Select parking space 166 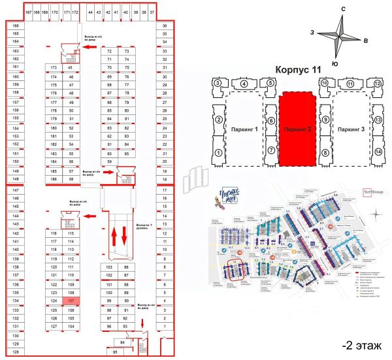click(x=15, y=25)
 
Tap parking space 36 click(x=166, y=25)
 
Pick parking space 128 click(x=15, y=352)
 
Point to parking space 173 click(x=54, y=67)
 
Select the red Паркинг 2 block click(x=299, y=129)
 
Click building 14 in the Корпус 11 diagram click(x=378, y=152)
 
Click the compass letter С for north click(x=342, y=8)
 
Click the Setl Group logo click(x=371, y=192)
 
